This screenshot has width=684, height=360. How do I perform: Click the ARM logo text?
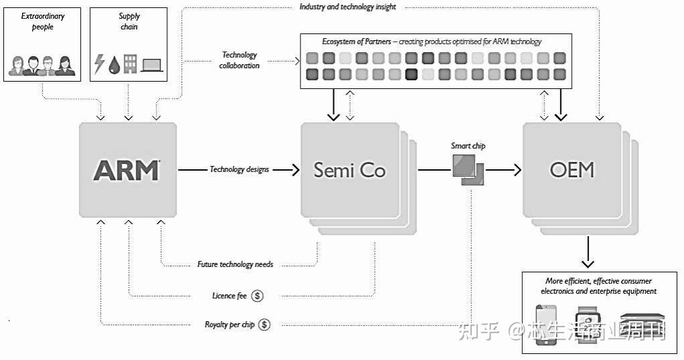click(126, 170)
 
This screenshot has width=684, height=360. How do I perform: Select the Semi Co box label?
click(349, 170)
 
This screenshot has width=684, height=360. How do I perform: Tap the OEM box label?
click(572, 170)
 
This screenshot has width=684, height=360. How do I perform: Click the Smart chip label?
click(468, 146)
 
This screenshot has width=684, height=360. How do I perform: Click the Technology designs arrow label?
click(239, 170)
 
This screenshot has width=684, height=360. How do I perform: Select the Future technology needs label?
click(235, 264)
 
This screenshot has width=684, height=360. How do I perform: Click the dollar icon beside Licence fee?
click(258, 295)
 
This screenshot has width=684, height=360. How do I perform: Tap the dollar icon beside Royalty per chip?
click(264, 325)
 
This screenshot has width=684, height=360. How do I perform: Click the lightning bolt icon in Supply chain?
click(100, 64)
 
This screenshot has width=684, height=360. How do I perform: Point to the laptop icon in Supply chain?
click(152, 65)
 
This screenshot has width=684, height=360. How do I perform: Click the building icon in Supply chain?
click(131, 64)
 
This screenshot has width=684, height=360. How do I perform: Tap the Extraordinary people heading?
click(42, 21)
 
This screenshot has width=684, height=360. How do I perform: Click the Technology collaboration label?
click(239, 60)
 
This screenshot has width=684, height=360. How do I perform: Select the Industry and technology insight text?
click(347, 7)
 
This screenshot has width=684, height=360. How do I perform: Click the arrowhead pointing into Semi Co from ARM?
click(295, 170)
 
